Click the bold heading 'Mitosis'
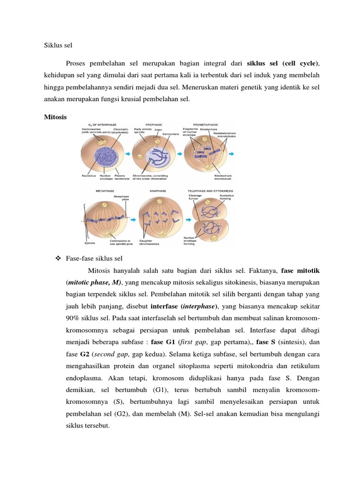click(55, 116)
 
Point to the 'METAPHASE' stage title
click(106, 191)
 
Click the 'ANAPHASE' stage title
click(156, 191)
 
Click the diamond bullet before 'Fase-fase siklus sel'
click(59, 258)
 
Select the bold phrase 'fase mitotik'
click(300, 271)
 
